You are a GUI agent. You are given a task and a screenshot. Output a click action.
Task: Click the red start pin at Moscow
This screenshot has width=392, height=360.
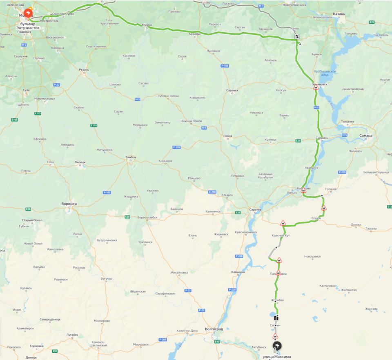28,13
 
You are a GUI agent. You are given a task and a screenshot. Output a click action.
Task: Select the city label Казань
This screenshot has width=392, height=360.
339,14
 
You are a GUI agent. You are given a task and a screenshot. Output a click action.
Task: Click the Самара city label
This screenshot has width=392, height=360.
366,136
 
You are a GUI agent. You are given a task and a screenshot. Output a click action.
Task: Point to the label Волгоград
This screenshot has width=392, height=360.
214,329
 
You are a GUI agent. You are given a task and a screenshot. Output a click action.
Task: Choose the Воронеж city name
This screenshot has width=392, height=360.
69,204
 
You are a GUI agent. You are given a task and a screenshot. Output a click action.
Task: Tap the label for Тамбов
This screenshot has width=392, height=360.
131,157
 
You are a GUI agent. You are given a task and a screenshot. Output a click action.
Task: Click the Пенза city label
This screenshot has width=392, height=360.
227,136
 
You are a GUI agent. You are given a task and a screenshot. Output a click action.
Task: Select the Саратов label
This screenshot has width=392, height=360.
255,209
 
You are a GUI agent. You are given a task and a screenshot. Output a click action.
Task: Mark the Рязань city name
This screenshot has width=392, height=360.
84,70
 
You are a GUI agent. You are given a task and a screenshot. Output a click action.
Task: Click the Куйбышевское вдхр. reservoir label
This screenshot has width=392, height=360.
325,73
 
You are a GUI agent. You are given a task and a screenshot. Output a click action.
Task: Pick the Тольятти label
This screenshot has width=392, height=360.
347,122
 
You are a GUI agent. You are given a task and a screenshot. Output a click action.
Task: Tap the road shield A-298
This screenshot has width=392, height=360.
212,192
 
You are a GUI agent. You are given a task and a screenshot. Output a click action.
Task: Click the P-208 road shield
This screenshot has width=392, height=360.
176,147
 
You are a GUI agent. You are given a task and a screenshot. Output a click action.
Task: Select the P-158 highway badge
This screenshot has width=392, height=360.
225,66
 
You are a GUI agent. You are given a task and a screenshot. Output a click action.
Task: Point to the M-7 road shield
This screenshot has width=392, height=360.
261,6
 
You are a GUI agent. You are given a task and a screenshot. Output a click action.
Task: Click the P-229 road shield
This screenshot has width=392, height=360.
342,172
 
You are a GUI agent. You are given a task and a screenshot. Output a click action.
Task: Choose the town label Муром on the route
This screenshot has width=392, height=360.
147,25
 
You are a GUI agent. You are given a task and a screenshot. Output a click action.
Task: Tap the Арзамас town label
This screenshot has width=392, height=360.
195,34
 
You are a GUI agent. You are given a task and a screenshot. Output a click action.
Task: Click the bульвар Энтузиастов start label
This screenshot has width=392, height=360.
28,26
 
